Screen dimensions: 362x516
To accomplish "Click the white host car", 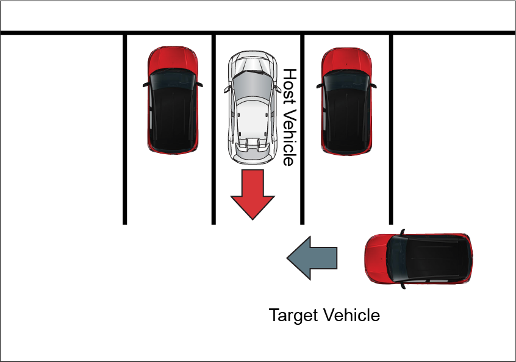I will pyautogui.click(x=250, y=110).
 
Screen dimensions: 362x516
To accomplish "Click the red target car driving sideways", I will pyautogui.click(x=418, y=259).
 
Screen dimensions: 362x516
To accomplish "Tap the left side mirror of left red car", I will pyautogui.click(x=146, y=85).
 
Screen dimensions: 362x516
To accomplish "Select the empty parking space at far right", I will pyautogui.click(x=451, y=128).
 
